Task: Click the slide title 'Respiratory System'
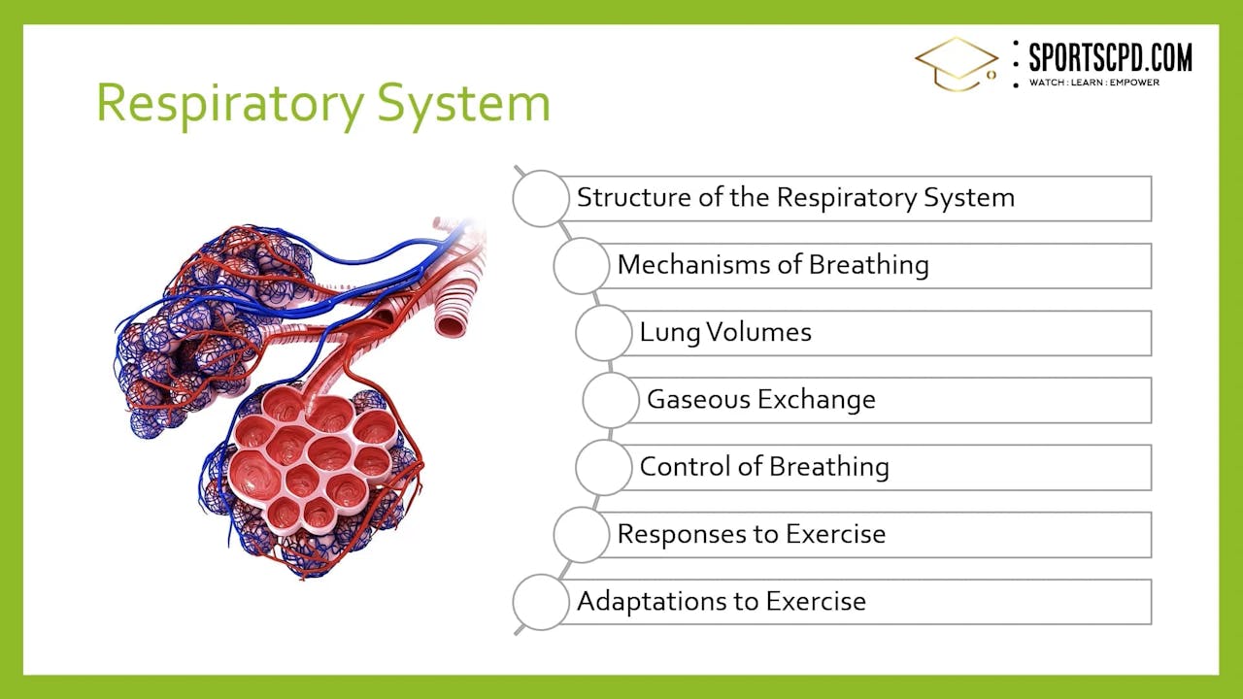[x=322, y=103]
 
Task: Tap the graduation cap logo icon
[x=957, y=64]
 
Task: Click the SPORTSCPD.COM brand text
[x=1110, y=57]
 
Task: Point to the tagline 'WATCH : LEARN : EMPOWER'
[x=1094, y=83]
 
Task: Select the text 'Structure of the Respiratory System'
[x=795, y=198]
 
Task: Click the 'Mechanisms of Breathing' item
[x=773, y=265]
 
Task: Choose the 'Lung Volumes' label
[x=725, y=332]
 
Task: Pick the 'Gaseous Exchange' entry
[x=761, y=399]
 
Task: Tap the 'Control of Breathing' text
[x=764, y=467]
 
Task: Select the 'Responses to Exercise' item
[x=752, y=534]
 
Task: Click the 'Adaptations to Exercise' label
[x=722, y=601]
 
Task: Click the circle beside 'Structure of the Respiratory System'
[x=541, y=198]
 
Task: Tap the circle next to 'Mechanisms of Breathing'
[x=582, y=265]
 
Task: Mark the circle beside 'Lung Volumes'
[x=603, y=332]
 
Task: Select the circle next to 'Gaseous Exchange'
[x=611, y=399]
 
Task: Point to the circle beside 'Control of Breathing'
[x=603, y=467]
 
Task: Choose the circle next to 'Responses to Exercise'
[x=582, y=534]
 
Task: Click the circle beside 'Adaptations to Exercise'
[x=541, y=601]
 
